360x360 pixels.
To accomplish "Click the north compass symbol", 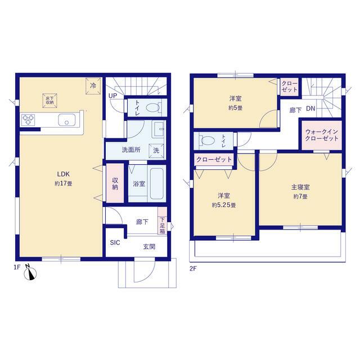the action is tap(30, 273).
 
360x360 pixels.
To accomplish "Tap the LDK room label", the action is tap(64, 174).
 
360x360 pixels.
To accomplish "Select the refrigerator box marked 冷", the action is tap(93, 86).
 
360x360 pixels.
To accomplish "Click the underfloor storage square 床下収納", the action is tap(50, 101).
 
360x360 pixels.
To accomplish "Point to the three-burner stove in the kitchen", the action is tap(28, 120).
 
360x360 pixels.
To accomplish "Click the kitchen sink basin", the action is tap(67, 120).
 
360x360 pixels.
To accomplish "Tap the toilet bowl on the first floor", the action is tap(153, 107).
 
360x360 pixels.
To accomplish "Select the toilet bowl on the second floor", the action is tap(208, 140).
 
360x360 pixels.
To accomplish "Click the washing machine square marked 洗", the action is tap(156, 151).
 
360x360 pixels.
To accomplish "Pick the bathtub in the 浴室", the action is tap(157, 184).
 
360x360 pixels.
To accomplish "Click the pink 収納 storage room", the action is tap(115, 183).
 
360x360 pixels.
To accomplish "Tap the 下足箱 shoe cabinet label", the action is tap(163, 226).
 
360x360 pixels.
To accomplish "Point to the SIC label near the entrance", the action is tap(115, 242).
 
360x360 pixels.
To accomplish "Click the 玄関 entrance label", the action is tap(149, 247).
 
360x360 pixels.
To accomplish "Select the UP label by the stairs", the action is tap(112, 96).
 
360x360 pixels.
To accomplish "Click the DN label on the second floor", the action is tap(310, 109).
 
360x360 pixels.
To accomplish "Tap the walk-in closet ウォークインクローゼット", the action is tap(322, 135).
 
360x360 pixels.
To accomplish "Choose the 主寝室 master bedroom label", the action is tap(300, 187).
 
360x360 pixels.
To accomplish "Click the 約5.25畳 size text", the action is tap(224, 205).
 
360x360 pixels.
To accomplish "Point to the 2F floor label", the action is tap(193, 269).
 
